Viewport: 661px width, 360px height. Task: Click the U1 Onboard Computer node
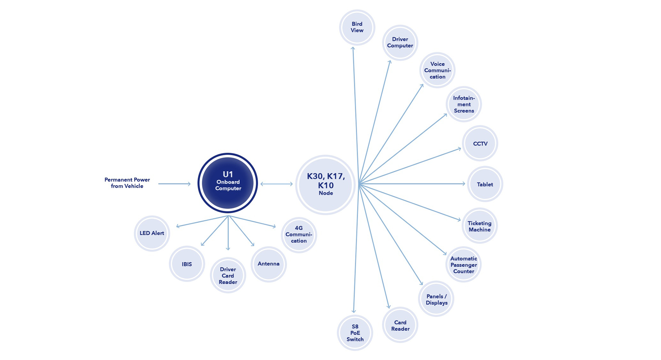click(228, 183)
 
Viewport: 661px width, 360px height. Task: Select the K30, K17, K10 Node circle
click(325, 185)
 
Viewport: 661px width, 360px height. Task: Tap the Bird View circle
click(357, 27)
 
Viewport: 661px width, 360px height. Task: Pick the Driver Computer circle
click(400, 43)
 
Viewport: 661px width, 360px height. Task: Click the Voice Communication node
click(437, 70)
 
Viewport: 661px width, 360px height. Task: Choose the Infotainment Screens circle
click(464, 104)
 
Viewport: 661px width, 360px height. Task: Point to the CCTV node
click(480, 144)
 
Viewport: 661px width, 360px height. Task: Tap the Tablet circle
click(485, 184)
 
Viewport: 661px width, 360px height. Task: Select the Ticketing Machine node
click(479, 226)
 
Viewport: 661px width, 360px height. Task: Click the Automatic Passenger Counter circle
click(463, 265)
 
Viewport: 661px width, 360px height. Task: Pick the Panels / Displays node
click(436, 299)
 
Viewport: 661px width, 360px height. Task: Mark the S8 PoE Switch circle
click(355, 333)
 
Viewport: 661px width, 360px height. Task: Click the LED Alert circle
click(152, 233)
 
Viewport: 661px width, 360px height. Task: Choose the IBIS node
click(187, 264)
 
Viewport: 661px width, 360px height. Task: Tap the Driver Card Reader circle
click(228, 275)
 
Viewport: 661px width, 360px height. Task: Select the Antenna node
click(269, 264)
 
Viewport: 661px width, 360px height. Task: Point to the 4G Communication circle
click(298, 234)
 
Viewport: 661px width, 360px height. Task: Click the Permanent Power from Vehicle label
click(127, 183)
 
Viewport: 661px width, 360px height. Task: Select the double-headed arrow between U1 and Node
click(276, 184)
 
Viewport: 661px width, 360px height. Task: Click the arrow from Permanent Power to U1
click(174, 184)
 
